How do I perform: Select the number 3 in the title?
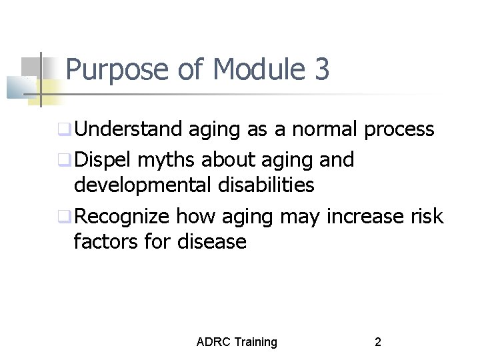click(321, 70)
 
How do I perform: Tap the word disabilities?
click(265, 184)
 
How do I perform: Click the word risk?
click(427, 217)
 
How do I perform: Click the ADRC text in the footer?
click(212, 342)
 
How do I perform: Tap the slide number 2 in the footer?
click(378, 342)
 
